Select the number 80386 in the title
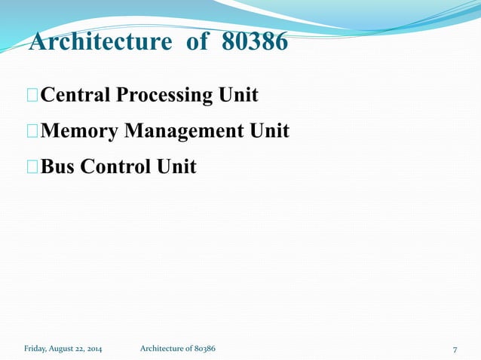pos(255,42)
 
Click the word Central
pos(74,96)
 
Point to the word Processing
pos(161,96)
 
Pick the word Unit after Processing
pos(237,96)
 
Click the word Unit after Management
pos(268,131)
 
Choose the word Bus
pos(58,166)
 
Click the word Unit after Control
pos(176,166)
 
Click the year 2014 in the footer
pos(93,349)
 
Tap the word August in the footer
pos(63,349)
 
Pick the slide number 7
pos(455,349)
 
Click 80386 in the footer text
pos(204,349)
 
